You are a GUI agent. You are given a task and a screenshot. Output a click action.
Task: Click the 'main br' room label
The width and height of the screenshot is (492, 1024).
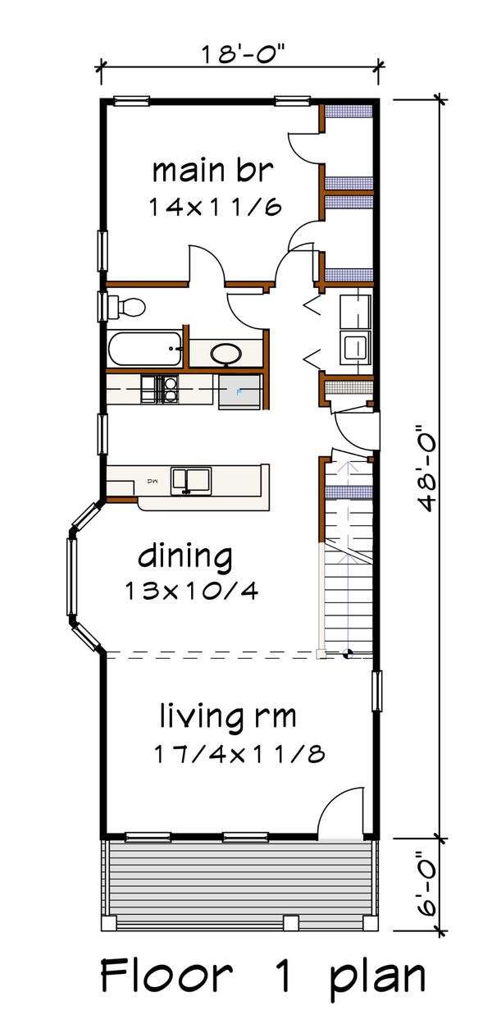(212, 171)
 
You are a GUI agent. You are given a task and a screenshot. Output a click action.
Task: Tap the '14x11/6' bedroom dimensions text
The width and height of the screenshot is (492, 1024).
(216, 207)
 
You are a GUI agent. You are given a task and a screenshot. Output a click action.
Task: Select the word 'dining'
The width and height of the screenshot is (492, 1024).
(185, 558)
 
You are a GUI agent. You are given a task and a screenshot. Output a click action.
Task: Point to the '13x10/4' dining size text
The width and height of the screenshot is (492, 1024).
(192, 589)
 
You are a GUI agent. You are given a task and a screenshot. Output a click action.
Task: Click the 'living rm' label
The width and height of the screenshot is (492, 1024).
(227, 718)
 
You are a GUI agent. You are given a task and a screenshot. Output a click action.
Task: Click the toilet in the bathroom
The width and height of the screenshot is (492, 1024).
(127, 308)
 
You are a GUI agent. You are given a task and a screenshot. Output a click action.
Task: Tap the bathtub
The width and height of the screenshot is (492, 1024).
(144, 349)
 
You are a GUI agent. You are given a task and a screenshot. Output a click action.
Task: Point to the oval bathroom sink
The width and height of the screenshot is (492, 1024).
(225, 354)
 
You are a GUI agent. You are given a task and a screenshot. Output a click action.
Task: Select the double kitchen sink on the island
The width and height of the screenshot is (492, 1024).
(190, 480)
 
